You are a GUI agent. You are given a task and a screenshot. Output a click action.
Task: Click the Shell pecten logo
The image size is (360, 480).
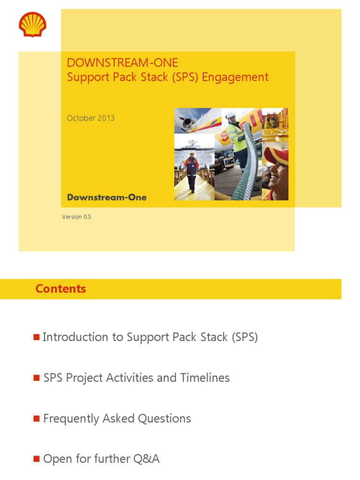(32, 24)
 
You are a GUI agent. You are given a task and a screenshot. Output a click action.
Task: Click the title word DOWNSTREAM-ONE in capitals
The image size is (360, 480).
(122, 63)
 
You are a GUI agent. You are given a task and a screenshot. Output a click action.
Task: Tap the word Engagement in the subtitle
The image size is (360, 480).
(235, 77)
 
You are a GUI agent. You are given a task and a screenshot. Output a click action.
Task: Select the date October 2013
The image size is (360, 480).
(90, 118)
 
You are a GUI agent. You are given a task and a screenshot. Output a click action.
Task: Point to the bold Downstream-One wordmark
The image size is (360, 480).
(106, 197)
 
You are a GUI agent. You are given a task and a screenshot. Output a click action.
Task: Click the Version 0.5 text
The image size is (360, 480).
(76, 217)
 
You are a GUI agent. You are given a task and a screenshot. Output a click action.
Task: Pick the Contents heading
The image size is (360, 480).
(60, 289)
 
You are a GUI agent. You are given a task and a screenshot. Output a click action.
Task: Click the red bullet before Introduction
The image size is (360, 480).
(37, 337)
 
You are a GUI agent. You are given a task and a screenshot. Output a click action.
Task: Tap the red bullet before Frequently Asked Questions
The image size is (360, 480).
(37, 419)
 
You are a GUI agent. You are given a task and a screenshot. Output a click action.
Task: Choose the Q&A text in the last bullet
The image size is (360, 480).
(146, 459)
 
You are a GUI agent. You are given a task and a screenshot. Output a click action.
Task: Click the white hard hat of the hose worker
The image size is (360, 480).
(231, 115)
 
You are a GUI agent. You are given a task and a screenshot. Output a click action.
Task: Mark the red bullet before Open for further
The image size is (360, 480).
(37, 459)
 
